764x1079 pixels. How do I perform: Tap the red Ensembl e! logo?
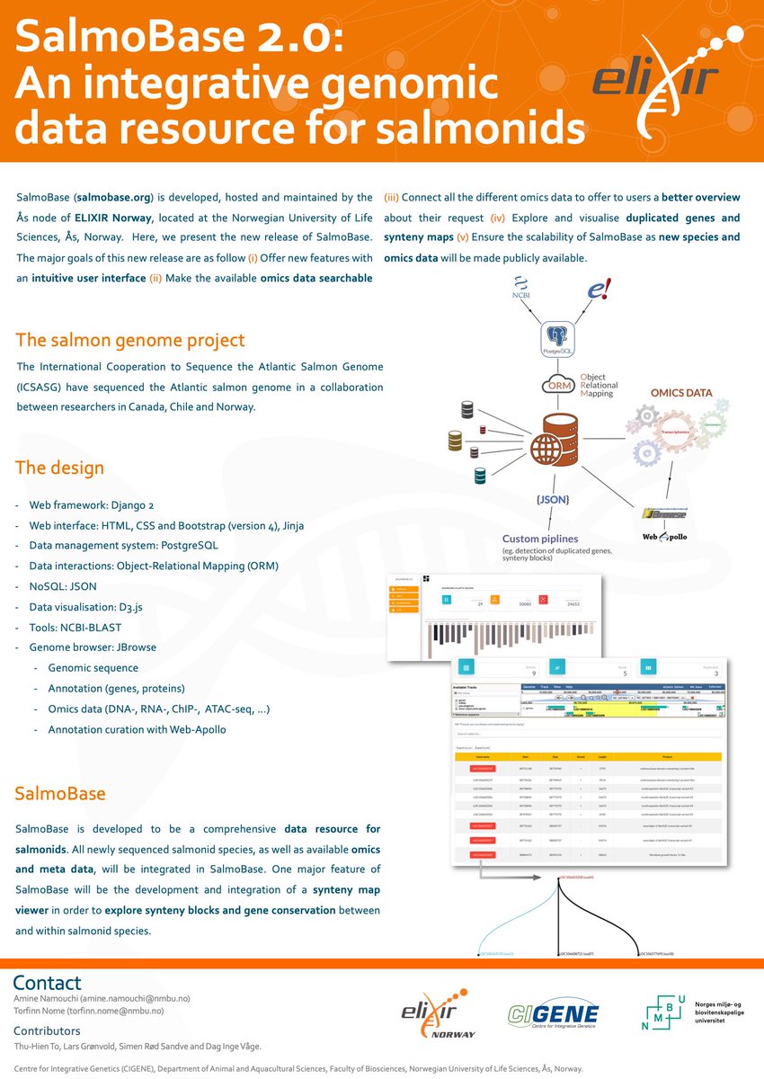599,289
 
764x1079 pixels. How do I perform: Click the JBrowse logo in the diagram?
665,513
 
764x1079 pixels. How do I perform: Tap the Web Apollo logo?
665,536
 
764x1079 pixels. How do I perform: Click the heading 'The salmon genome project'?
130,341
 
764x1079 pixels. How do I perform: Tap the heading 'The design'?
60,468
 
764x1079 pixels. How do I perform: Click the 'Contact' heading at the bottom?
47,983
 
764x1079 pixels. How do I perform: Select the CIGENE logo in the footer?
553,1014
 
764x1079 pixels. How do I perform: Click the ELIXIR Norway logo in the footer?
439,1017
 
